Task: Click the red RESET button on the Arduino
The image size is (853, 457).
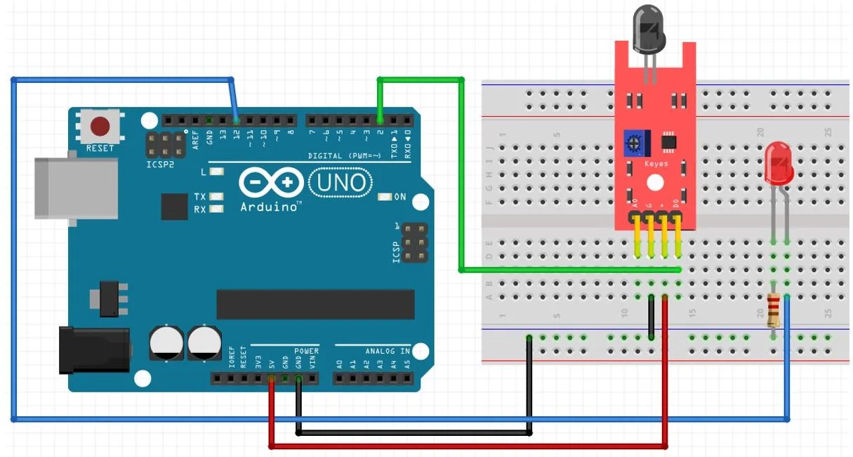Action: click(x=100, y=127)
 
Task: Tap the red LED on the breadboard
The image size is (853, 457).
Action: click(x=779, y=165)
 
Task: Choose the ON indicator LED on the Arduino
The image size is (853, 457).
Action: click(x=383, y=197)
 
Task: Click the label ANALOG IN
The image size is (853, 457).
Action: click(x=388, y=351)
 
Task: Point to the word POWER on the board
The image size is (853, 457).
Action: click(x=306, y=351)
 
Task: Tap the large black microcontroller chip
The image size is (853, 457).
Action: click(x=315, y=304)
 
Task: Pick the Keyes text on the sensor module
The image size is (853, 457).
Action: click(x=656, y=164)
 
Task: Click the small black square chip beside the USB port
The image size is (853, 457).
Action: click(x=174, y=207)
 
